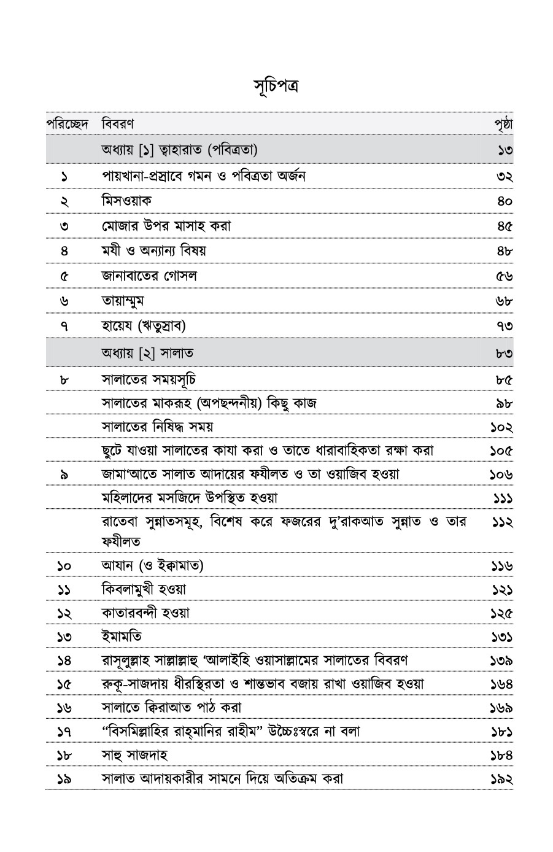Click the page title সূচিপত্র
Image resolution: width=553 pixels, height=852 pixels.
pyautogui.click(x=276, y=84)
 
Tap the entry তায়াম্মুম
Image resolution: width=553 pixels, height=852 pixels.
pyautogui.click(x=123, y=301)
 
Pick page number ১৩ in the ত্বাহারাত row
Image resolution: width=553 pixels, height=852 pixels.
pyautogui.click(x=506, y=150)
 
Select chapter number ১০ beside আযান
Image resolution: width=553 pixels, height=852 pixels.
pyautogui.click(x=64, y=565)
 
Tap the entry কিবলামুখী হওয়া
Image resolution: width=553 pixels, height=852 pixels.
pyautogui.click(x=144, y=589)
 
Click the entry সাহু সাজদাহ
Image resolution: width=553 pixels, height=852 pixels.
pyautogui.click(x=134, y=754)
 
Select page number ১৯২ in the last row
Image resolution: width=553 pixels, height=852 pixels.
pyautogui.click(x=501, y=779)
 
